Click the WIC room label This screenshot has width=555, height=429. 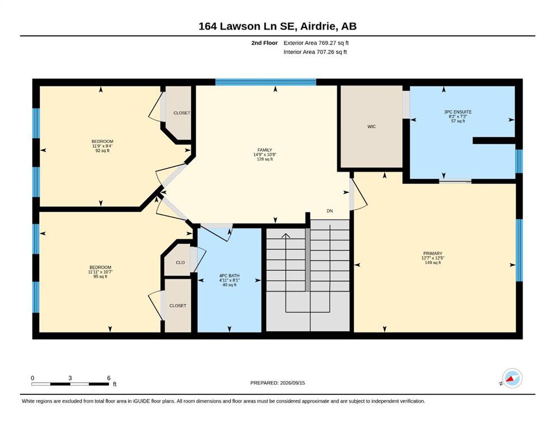coord(371,127)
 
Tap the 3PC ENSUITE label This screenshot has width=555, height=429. coord(458,112)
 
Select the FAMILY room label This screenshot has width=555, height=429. coord(265,150)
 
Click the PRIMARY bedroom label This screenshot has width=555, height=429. coord(433,253)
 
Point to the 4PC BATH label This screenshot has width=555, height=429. coord(229,275)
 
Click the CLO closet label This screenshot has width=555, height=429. coord(180,263)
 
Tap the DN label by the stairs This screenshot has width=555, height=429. coord(330,211)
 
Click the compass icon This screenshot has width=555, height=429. coord(512,378)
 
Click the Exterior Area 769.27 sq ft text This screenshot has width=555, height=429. coord(316,43)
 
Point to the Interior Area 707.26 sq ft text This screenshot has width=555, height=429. coord(315,52)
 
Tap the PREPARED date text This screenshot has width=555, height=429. coord(277,383)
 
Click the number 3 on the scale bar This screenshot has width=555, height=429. coord(70,378)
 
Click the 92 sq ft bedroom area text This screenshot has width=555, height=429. coord(102,150)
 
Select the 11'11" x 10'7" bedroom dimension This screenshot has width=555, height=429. coord(100,272)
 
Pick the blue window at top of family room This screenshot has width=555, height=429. coord(266,82)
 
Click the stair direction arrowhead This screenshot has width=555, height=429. coord(286,236)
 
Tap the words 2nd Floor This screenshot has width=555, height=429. coord(264,43)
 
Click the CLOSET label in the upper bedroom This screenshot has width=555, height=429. coord(182,113)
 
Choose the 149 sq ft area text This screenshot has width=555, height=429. coord(433,263)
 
